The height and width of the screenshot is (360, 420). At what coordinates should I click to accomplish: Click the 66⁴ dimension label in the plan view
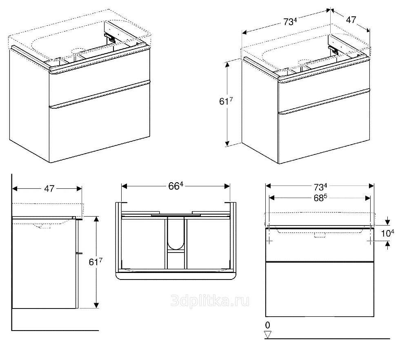coord(175,186)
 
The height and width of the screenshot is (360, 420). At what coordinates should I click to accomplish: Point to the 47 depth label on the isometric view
coord(351,19)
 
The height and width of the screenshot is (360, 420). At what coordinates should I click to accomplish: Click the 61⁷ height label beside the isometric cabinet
coord(226,102)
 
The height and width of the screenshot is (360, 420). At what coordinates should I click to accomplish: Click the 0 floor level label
coord(267,325)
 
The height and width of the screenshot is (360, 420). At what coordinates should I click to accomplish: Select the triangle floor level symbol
coord(268,335)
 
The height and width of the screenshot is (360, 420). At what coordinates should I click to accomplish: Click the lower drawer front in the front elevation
coord(320,288)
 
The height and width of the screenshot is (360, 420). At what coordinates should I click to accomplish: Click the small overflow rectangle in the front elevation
coord(320,235)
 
